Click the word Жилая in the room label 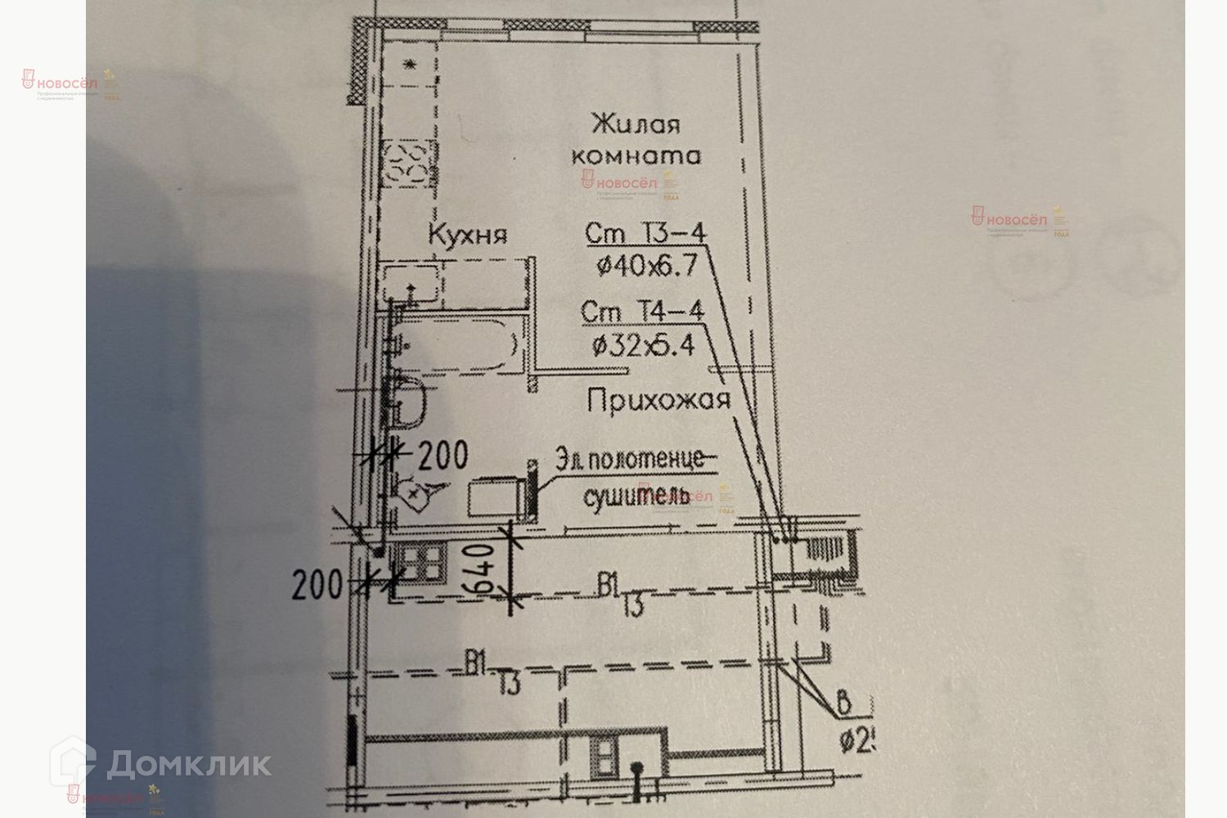(636, 125)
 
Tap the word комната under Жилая (636, 155)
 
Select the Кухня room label (468, 236)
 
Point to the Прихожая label (658, 401)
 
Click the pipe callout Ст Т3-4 (645, 234)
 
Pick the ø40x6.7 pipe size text (646, 264)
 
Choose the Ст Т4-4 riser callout (641, 312)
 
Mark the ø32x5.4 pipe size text (643, 345)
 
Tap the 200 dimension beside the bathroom (443, 455)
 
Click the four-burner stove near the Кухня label (407, 161)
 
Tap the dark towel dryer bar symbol (530, 488)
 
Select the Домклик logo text (189, 764)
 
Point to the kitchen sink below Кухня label (411, 286)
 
